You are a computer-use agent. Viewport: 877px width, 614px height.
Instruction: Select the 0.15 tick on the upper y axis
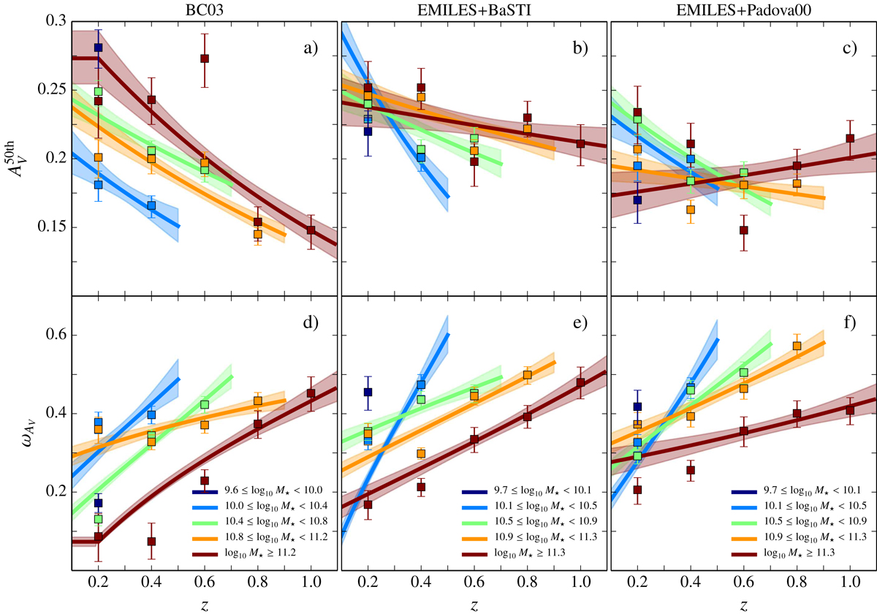point(53,227)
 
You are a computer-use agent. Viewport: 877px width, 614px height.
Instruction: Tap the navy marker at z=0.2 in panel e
point(368,393)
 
